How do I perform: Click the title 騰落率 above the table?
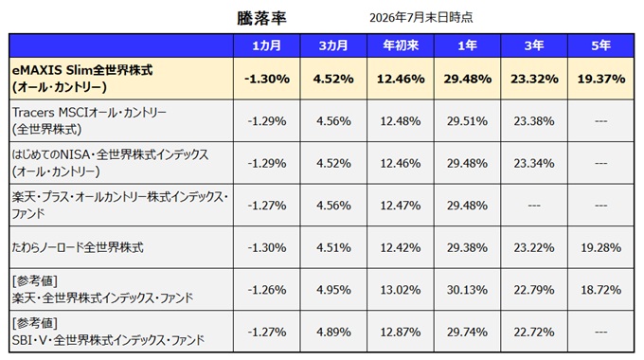pos(261,18)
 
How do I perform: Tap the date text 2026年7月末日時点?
pos(421,17)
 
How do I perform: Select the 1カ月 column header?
pos(266,45)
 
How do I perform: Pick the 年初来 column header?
pos(401,45)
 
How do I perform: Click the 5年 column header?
pos(600,45)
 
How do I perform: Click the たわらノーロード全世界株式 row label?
pos(78,247)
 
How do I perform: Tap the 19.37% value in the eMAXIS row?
pos(600,79)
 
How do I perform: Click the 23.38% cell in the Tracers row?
pos(534,121)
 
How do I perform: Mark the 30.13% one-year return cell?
pos(468,290)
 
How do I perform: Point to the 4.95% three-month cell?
pos(333,290)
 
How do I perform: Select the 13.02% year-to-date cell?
pos(401,290)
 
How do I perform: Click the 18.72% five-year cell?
pos(600,290)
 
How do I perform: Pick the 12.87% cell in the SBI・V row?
pos(401,333)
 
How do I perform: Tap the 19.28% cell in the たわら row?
pos(600,248)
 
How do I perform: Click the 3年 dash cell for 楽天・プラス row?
pos(534,206)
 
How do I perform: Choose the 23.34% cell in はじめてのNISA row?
pos(534,164)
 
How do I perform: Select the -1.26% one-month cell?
pos(266,290)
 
